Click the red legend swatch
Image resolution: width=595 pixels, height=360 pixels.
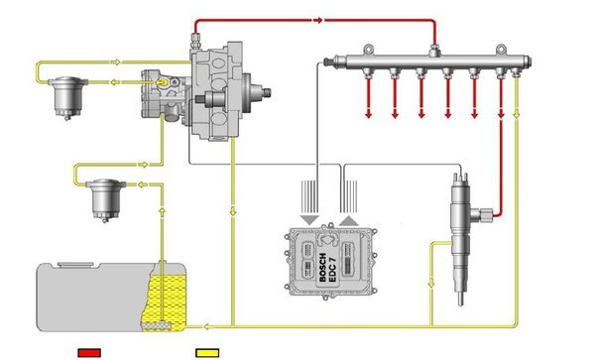click(89, 353)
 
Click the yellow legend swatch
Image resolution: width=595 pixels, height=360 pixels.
click(207, 353)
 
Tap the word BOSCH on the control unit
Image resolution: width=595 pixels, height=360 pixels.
click(323, 268)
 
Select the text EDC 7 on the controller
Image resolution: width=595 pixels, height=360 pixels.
click(333, 269)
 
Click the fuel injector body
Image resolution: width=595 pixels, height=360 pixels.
click(461, 239)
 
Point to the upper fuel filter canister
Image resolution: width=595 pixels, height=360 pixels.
click(68, 97)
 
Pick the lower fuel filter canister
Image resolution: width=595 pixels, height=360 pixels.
click(106, 199)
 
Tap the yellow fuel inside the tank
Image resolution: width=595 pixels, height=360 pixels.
click(167, 300)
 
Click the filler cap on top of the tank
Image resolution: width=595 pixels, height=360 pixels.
click(75, 264)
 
